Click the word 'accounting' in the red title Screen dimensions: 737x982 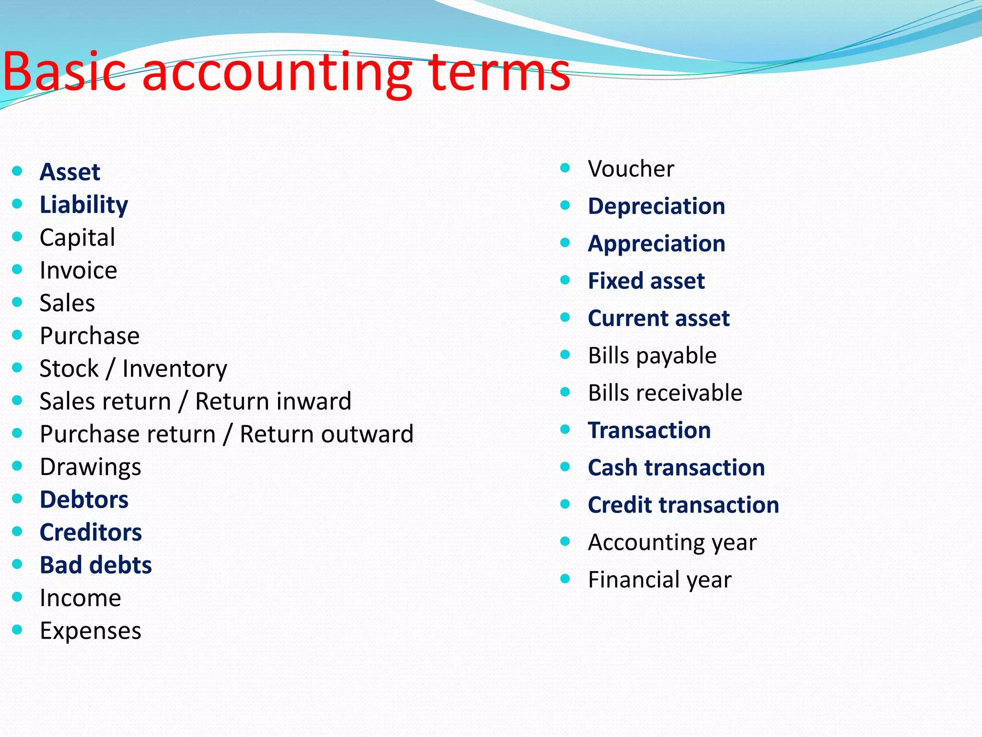[x=277, y=73]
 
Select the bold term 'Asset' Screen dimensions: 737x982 [x=70, y=172]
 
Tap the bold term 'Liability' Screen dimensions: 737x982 [x=84, y=205]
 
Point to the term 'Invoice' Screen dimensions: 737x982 [x=78, y=270]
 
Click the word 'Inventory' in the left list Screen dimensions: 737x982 [x=175, y=368]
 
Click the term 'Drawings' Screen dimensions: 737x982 [x=90, y=467]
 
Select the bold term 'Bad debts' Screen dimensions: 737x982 [x=96, y=565]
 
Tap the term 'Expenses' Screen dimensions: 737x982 [x=90, y=630]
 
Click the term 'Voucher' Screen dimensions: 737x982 [x=631, y=169]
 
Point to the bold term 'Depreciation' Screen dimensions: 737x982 [x=656, y=206]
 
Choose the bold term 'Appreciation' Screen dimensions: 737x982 [x=656, y=244]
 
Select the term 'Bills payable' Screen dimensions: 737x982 [x=652, y=356]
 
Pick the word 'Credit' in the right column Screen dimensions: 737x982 [x=620, y=505]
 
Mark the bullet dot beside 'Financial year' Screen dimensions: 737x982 [x=565, y=579]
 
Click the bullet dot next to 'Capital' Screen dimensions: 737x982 [x=17, y=237]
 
